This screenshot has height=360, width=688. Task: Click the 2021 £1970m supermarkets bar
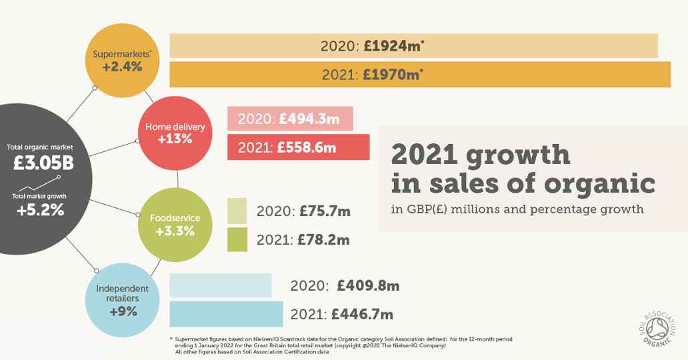point(420,74)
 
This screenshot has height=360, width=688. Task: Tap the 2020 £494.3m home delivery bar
point(290,118)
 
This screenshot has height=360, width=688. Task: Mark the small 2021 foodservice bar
point(237,239)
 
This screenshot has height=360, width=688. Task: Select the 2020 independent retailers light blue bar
point(221,285)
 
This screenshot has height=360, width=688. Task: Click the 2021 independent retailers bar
point(226,313)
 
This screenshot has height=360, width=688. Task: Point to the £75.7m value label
point(325,211)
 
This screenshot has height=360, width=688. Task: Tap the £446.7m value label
point(362,314)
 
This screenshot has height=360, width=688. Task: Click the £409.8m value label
point(368,286)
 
